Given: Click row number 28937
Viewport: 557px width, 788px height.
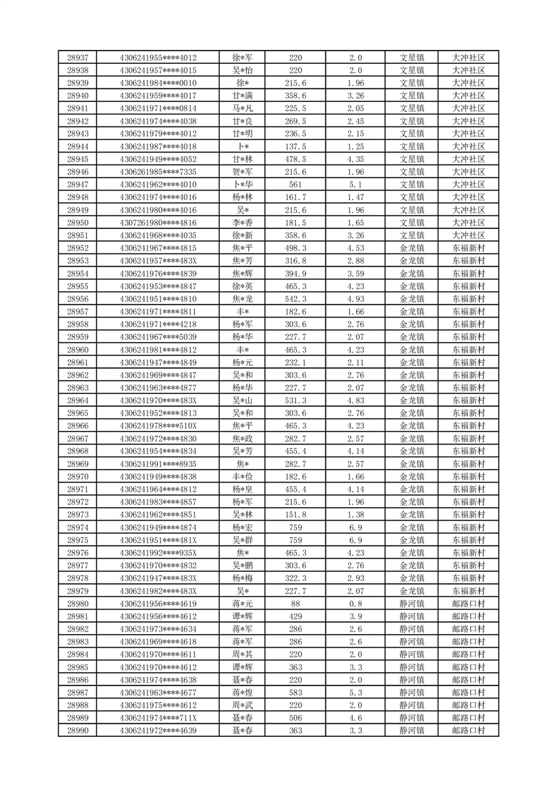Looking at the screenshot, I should (x=77, y=58).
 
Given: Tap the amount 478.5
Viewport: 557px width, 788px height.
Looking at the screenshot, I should (x=295, y=159).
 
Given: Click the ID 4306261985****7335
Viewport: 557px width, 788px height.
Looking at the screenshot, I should (x=158, y=172).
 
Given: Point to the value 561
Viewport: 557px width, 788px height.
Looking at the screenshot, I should (x=295, y=185).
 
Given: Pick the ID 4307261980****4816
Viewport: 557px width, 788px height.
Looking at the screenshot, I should (x=158, y=223).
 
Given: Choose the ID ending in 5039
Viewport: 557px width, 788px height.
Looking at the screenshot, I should (x=158, y=337).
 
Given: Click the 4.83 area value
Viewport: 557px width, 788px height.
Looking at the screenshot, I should (x=356, y=400).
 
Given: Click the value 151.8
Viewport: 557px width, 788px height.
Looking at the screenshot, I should (x=295, y=515).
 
